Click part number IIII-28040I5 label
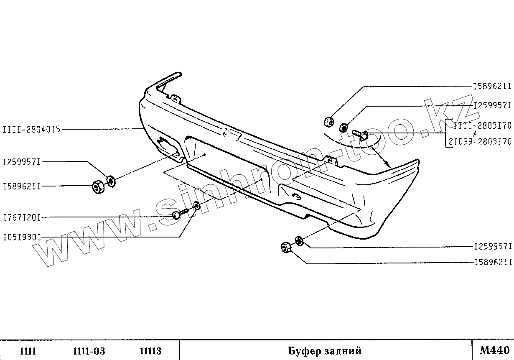point(32,129)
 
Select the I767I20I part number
point(22,217)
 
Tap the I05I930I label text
point(22,237)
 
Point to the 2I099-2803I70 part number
point(480,141)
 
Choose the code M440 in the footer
point(494,350)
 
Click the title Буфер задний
point(324,350)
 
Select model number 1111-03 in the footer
point(89,351)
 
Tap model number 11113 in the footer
point(150,351)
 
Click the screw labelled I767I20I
point(180,214)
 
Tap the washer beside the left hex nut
point(111,181)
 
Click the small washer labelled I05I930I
point(196,205)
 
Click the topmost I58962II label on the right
point(492,87)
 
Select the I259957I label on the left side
point(22,161)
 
